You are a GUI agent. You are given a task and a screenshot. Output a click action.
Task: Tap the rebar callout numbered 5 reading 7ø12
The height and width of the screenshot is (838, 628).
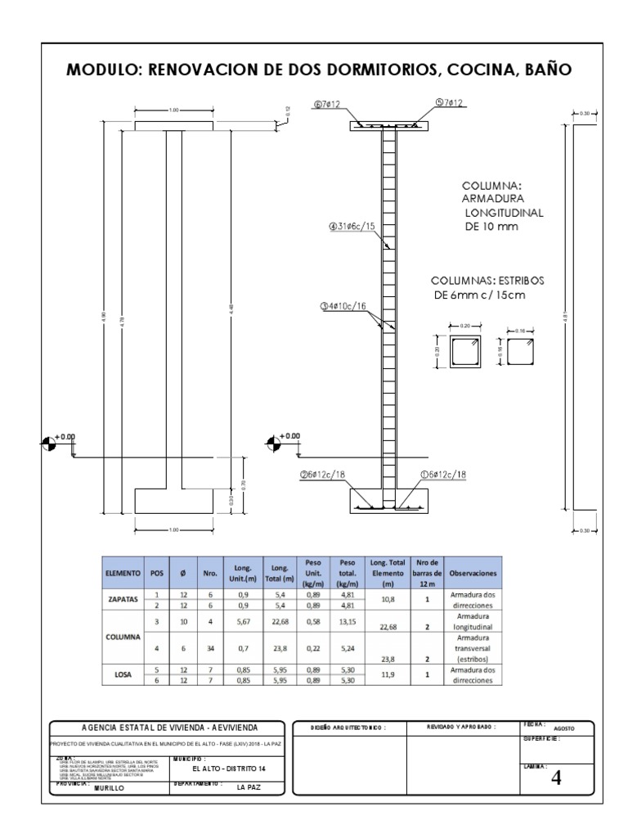coord(449,103)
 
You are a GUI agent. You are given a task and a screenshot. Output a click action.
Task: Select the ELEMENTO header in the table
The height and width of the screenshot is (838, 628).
coord(123,574)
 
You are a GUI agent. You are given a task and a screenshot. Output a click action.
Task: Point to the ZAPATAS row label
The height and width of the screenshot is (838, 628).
coord(123,599)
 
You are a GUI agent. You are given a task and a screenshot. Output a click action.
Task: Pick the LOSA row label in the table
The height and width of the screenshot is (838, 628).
coord(123,674)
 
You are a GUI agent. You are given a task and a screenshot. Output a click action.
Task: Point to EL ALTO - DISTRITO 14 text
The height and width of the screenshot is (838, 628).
coord(229,769)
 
